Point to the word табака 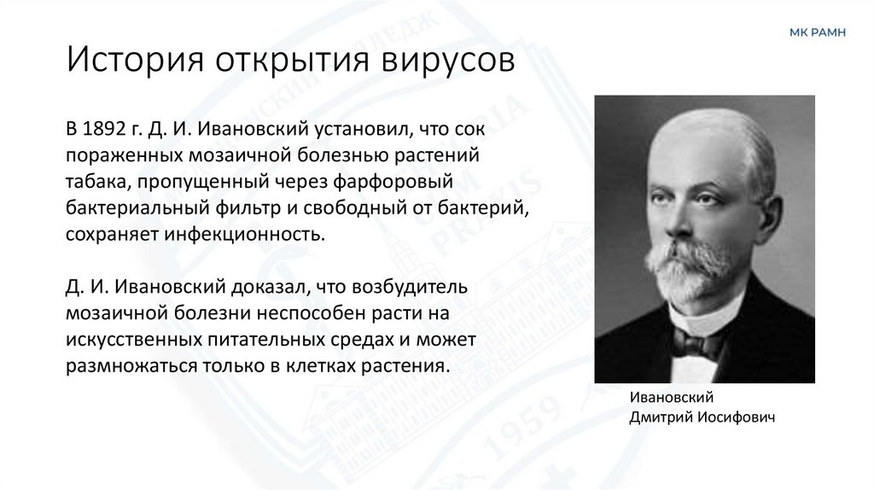click(90, 185)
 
